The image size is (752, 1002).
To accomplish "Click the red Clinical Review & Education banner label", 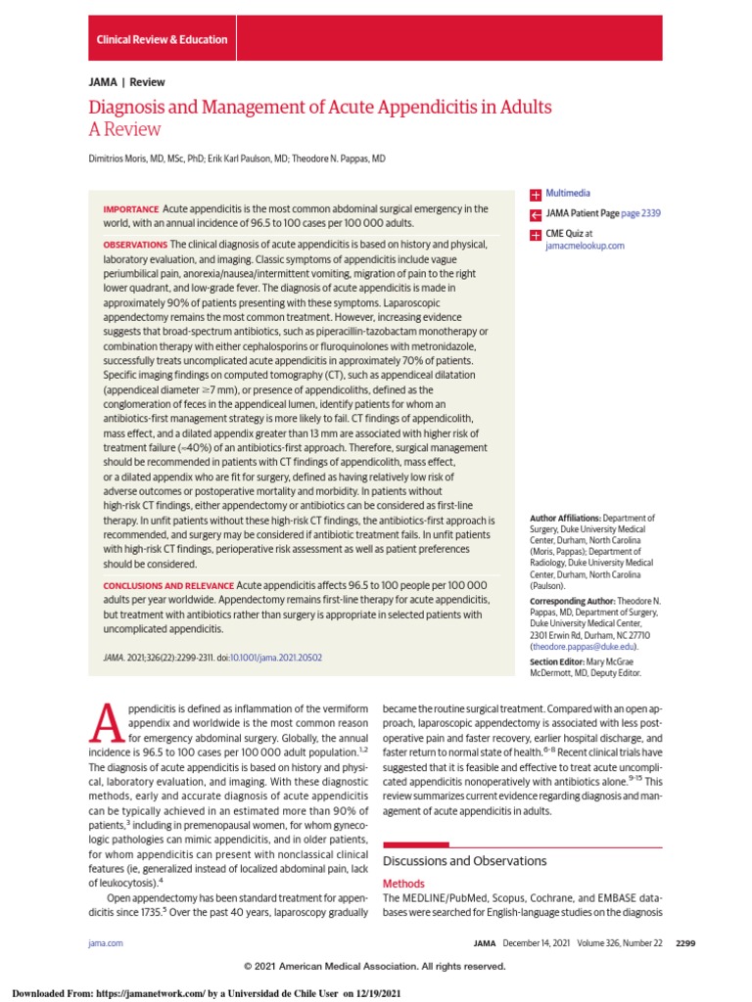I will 162,40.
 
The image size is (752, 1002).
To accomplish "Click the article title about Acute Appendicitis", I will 320,107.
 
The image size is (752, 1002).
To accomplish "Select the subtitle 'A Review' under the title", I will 124,129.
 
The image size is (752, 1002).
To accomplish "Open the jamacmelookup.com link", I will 584,247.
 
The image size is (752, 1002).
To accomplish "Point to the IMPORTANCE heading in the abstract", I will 130,209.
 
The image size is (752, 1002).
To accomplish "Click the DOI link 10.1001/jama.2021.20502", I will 275,658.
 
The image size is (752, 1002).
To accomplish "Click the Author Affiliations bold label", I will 565,517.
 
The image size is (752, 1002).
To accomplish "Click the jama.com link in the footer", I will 106,942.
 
